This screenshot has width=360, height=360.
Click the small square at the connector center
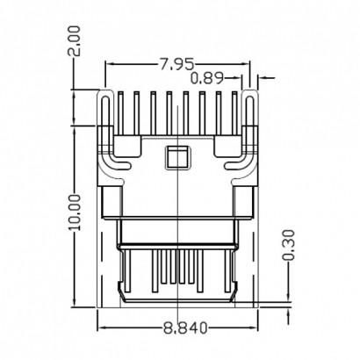176,158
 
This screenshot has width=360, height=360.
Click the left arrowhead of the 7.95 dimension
110,64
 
